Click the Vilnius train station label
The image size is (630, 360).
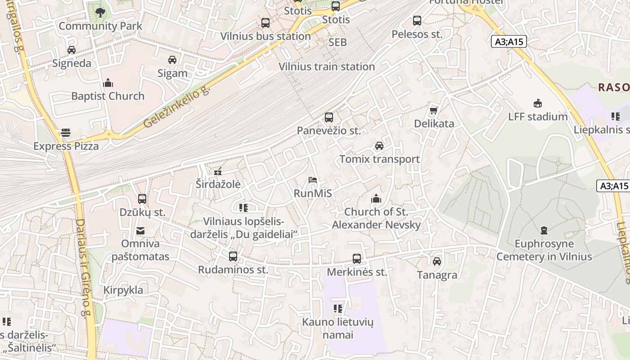coord(327,67)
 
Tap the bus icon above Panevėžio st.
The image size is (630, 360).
coord(329,117)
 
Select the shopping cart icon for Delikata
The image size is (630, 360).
coord(434,110)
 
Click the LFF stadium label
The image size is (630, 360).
coord(538,117)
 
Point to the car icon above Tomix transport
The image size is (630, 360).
coord(379,146)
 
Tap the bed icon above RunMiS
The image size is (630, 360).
coord(313,180)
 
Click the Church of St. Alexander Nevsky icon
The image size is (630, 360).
coord(376,198)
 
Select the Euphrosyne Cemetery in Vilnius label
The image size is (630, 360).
coord(544,250)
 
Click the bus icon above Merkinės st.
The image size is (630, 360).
coord(357,259)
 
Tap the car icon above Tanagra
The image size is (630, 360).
coord(436,261)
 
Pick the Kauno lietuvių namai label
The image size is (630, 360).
coord(337,328)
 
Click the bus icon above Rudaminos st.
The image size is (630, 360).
coord(233,256)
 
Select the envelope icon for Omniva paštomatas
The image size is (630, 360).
coord(140,231)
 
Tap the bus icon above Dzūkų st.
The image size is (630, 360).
coord(142,198)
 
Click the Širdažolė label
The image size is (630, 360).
coord(218,184)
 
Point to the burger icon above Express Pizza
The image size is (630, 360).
coord(66,133)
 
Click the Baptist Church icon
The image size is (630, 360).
coord(108,83)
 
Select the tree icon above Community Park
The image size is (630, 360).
coord(100,13)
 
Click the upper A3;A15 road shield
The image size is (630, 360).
coord(508,42)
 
